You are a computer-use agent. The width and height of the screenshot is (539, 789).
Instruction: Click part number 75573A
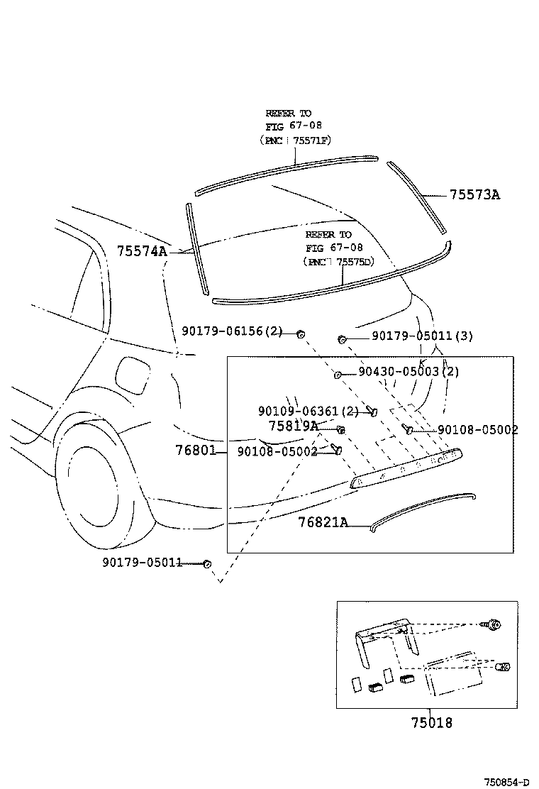pos(474,195)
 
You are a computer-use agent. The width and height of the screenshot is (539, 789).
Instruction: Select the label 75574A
pos(142,250)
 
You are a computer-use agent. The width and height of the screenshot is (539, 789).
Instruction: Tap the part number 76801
pos(195,451)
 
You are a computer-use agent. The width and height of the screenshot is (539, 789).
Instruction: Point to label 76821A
pos(323,522)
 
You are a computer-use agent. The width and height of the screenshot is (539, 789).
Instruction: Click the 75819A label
pos(293,426)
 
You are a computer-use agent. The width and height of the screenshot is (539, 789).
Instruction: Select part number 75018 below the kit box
pos(430,723)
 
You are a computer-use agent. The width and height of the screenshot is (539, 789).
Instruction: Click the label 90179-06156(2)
pos(233,331)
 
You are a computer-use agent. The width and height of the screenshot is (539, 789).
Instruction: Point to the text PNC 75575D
pos(338,261)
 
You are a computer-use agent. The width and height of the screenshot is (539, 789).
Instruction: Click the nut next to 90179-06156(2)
pos(301,333)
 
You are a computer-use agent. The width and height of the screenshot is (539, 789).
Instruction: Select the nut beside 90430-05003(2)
pos(338,374)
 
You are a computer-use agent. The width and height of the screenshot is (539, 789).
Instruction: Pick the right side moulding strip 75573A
pos(418,197)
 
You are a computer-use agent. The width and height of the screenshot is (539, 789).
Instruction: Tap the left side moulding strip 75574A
pos(196,248)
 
